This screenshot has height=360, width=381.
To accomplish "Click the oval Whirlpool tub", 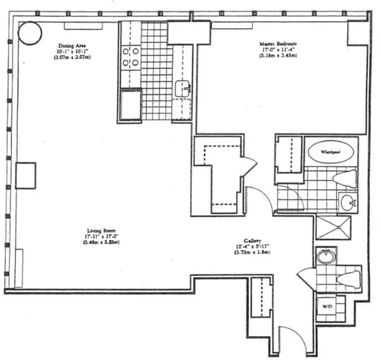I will (330, 152).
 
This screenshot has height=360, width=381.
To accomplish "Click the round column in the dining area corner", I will (30, 32).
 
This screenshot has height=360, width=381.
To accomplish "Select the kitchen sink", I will (182, 88).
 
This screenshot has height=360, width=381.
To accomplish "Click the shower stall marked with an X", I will (333, 228).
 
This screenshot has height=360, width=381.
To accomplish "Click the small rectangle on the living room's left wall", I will (26, 175).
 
